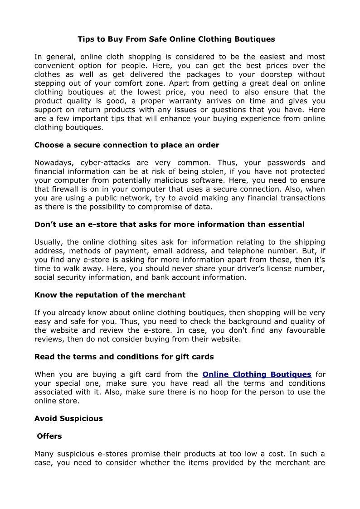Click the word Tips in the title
click(85, 39)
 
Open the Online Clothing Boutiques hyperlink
click(257, 374)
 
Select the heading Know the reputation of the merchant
click(110, 295)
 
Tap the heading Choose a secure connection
click(126, 145)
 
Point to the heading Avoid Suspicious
click(68, 418)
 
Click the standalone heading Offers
click(49, 436)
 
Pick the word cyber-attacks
click(103, 163)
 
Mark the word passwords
click(279, 163)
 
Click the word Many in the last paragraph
click(44, 454)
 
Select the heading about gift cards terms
click(124, 357)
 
